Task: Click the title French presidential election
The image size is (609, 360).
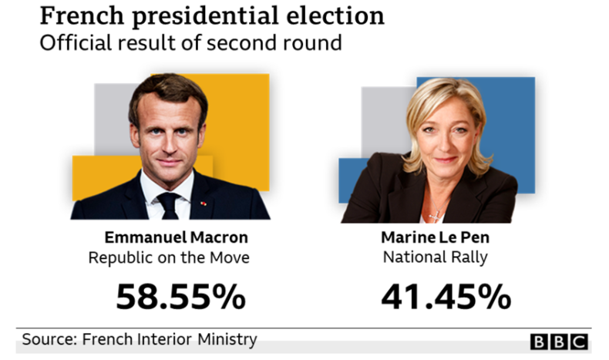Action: [x=212, y=15]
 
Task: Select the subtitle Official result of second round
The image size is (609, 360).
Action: [x=190, y=42]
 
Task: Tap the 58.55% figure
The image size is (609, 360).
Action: [x=180, y=297]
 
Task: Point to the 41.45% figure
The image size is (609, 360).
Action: [x=445, y=297]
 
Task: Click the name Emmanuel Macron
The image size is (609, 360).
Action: [x=177, y=237]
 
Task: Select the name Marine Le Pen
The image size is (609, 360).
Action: [x=435, y=237]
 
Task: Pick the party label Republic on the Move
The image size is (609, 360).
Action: [x=169, y=257]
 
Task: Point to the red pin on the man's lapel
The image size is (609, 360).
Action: [x=204, y=204]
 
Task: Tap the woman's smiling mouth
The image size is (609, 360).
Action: [x=447, y=160]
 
